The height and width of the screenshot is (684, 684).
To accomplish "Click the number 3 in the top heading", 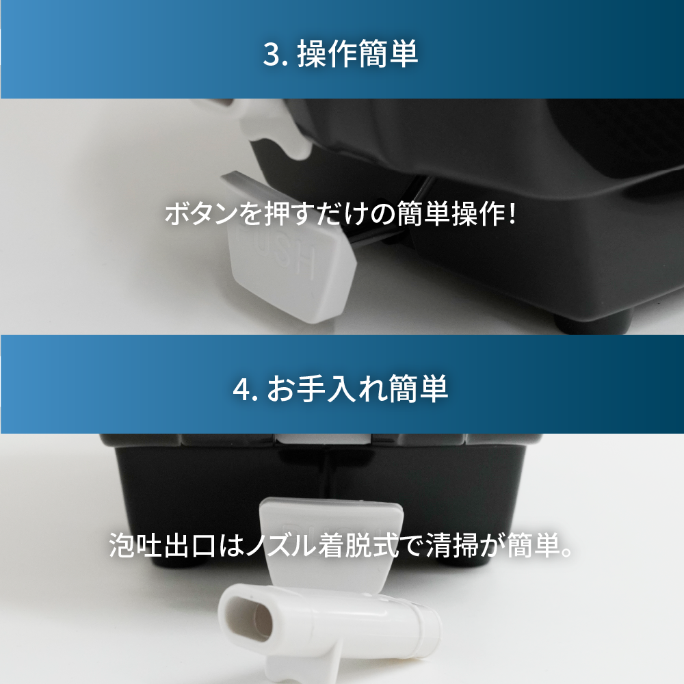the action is (272, 55).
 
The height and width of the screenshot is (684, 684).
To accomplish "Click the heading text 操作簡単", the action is (357, 54).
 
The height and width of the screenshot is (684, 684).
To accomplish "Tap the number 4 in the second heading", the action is (242, 389).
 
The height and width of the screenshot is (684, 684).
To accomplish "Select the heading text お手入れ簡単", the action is (358, 389).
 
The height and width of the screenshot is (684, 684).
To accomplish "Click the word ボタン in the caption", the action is (201, 214).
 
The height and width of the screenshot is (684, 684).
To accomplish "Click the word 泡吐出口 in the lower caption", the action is (162, 545).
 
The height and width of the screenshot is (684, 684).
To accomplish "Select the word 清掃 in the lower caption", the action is (452, 545).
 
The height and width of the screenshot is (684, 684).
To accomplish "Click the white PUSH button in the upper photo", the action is (291, 270).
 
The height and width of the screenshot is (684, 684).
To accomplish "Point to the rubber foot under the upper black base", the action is (593, 322).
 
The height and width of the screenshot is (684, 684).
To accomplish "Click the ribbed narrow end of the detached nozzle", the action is (427, 624).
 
